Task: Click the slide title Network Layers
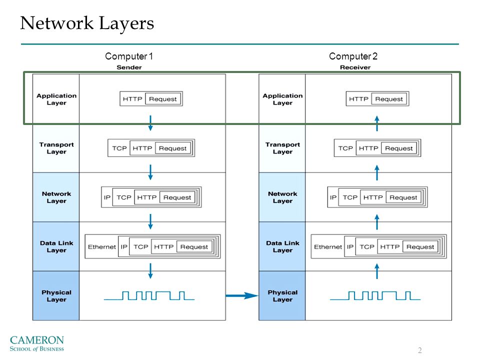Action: (x=87, y=23)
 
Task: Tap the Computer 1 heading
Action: (x=129, y=56)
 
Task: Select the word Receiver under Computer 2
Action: (x=355, y=67)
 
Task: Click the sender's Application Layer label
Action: (x=56, y=99)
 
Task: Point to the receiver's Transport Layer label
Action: (x=282, y=148)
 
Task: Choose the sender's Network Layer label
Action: (x=56, y=197)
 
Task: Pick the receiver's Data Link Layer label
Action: (x=282, y=246)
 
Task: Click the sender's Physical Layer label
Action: (x=56, y=296)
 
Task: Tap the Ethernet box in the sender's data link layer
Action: (x=101, y=246)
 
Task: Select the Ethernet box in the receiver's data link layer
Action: (x=328, y=246)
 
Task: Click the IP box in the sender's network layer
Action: (x=107, y=197)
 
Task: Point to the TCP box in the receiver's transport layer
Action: (x=345, y=148)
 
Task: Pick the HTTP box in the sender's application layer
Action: (x=132, y=99)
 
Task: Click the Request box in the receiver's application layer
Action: (x=389, y=99)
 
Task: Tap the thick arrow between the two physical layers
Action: (x=242, y=295)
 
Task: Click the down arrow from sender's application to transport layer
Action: (x=150, y=123)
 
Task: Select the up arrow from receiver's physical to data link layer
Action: (x=377, y=271)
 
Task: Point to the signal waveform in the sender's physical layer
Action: (x=149, y=295)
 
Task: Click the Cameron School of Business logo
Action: (x=36, y=343)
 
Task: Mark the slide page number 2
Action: (x=420, y=350)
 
